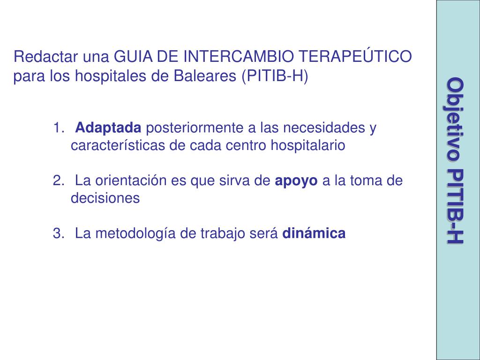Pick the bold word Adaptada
(x=108, y=127)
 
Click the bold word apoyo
(x=296, y=180)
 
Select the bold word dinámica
(x=314, y=233)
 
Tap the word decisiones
(x=105, y=198)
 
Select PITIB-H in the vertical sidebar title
(x=455, y=206)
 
